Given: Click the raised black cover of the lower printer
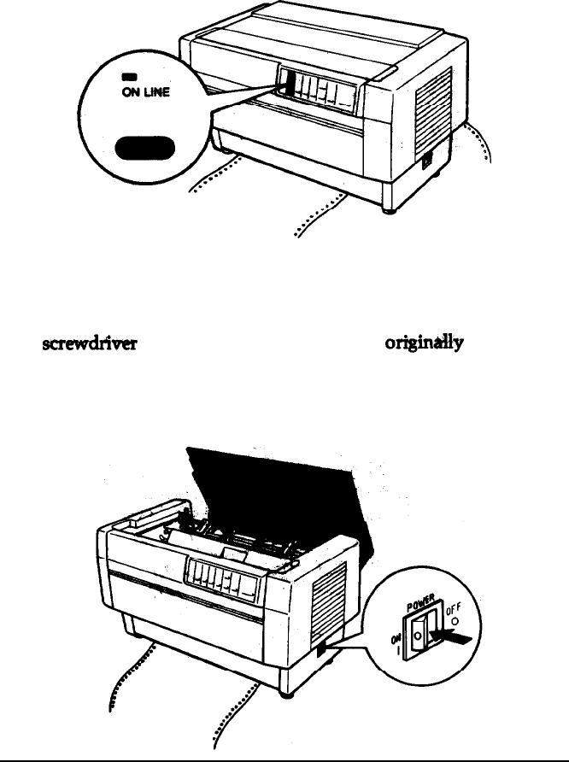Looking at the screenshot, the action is (x=256, y=495).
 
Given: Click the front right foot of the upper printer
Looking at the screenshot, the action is (x=389, y=208).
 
